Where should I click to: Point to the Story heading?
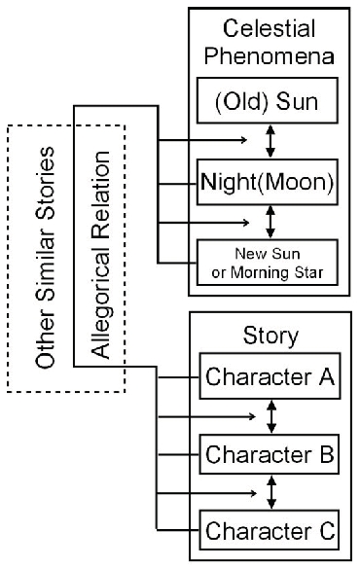(x=270, y=338)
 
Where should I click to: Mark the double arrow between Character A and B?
(x=271, y=416)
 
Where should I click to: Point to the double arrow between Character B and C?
(x=271, y=493)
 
